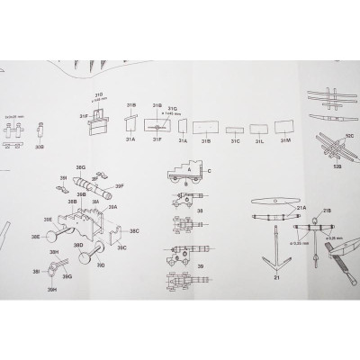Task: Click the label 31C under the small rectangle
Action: click(x=235, y=141)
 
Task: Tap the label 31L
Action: click(x=259, y=141)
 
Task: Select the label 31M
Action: click(x=285, y=141)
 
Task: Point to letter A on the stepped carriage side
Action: click(x=190, y=167)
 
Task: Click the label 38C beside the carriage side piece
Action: click(x=133, y=230)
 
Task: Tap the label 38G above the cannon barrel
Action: click(x=80, y=168)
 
